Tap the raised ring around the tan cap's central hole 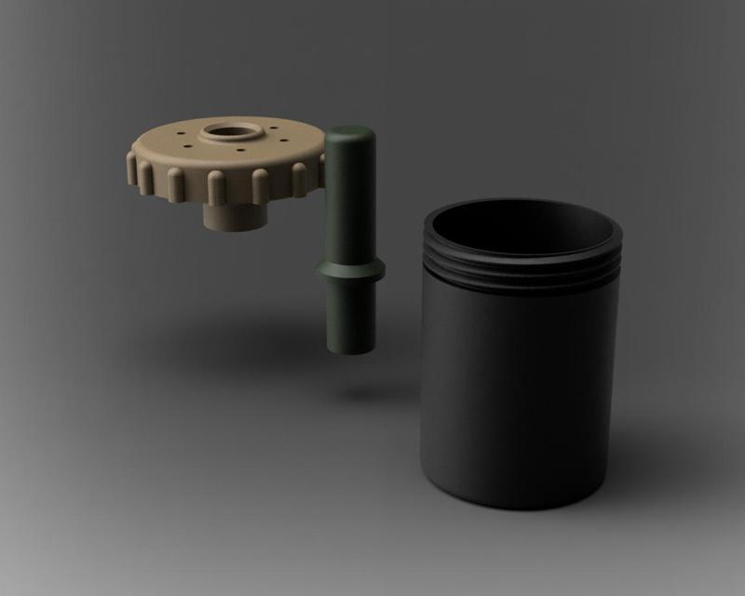pyautogui.click(x=207, y=138)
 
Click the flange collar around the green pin pyautogui.click(x=350, y=271)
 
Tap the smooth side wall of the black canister pyautogui.click(x=517, y=391)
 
